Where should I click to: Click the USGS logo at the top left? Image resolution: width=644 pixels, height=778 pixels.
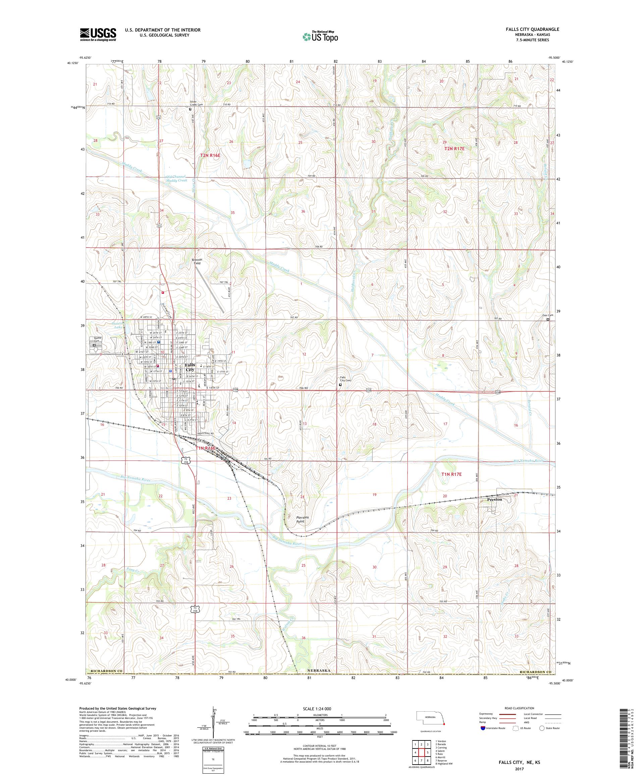tap(98, 35)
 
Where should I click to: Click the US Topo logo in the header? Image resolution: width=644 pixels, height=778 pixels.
tap(321, 36)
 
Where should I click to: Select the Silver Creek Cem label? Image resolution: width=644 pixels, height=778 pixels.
tap(196, 103)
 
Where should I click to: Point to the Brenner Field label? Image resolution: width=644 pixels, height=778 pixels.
tap(197, 261)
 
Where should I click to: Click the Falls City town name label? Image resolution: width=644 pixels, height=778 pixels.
tap(190, 367)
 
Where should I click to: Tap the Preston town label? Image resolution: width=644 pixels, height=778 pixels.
tap(494, 499)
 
